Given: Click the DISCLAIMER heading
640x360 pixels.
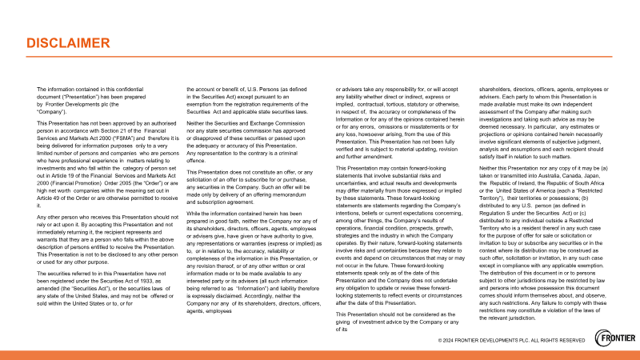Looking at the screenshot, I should [67, 42].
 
